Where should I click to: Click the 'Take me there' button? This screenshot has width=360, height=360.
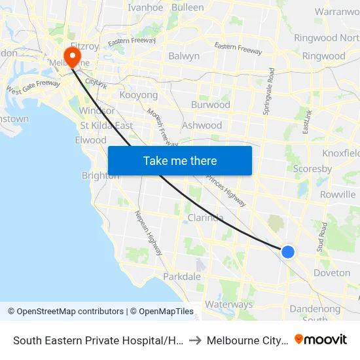click(180, 161)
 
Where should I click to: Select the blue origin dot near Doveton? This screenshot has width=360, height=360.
click(287, 251)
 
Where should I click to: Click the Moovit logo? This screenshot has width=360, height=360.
click(321, 340)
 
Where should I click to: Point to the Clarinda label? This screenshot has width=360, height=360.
click(206, 217)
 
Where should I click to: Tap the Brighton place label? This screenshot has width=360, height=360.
click(100, 175)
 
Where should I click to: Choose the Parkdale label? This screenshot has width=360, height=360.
click(182, 277)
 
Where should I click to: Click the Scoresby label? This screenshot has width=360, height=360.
click(312, 168)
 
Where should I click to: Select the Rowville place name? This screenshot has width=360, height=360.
click(338, 194)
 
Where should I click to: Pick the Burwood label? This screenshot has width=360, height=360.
click(211, 105)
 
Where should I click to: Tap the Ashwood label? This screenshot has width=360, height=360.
click(202, 125)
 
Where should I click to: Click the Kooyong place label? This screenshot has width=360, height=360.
click(139, 96)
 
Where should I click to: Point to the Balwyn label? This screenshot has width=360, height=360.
click(184, 56)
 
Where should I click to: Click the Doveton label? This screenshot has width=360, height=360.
click(332, 273)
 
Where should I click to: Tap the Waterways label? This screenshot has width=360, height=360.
click(228, 304)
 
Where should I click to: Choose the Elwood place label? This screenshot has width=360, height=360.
click(91, 140)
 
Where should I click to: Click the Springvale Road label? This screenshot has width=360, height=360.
click(269, 92)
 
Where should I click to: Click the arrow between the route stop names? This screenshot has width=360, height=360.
click(196, 340)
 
